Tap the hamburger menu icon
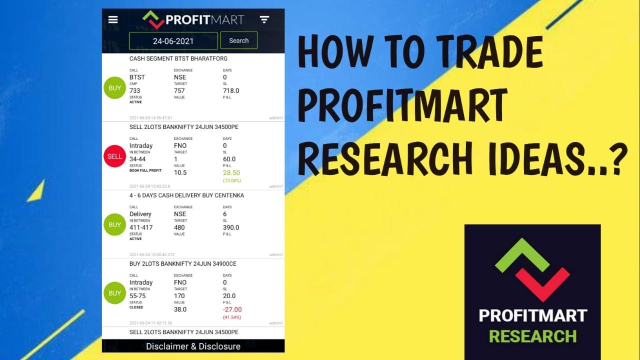click(x=113, y=19)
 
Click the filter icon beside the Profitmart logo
click(x=264, y=19)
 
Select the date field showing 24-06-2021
click(x=173, y=41)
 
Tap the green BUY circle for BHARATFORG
click(x=114, y=88)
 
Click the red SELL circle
click(x=114, y=156)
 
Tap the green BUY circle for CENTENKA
click(x=114, y=225)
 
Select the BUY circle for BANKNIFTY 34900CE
click(x=114, y=293)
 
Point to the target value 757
click(x=179, y=90)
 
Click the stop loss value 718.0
click(x=231, y=90)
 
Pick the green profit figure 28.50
click(x=232, y=172)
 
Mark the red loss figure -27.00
click(x=232, y=309)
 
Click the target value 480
click(x=179, y=227)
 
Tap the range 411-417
click(x=141, y=227)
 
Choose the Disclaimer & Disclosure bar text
click(x=193, y=346)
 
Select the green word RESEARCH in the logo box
click(x=532, y=336)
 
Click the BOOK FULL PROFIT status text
click(x=145, y=170)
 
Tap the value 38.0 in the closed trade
click(x=180, y=309)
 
